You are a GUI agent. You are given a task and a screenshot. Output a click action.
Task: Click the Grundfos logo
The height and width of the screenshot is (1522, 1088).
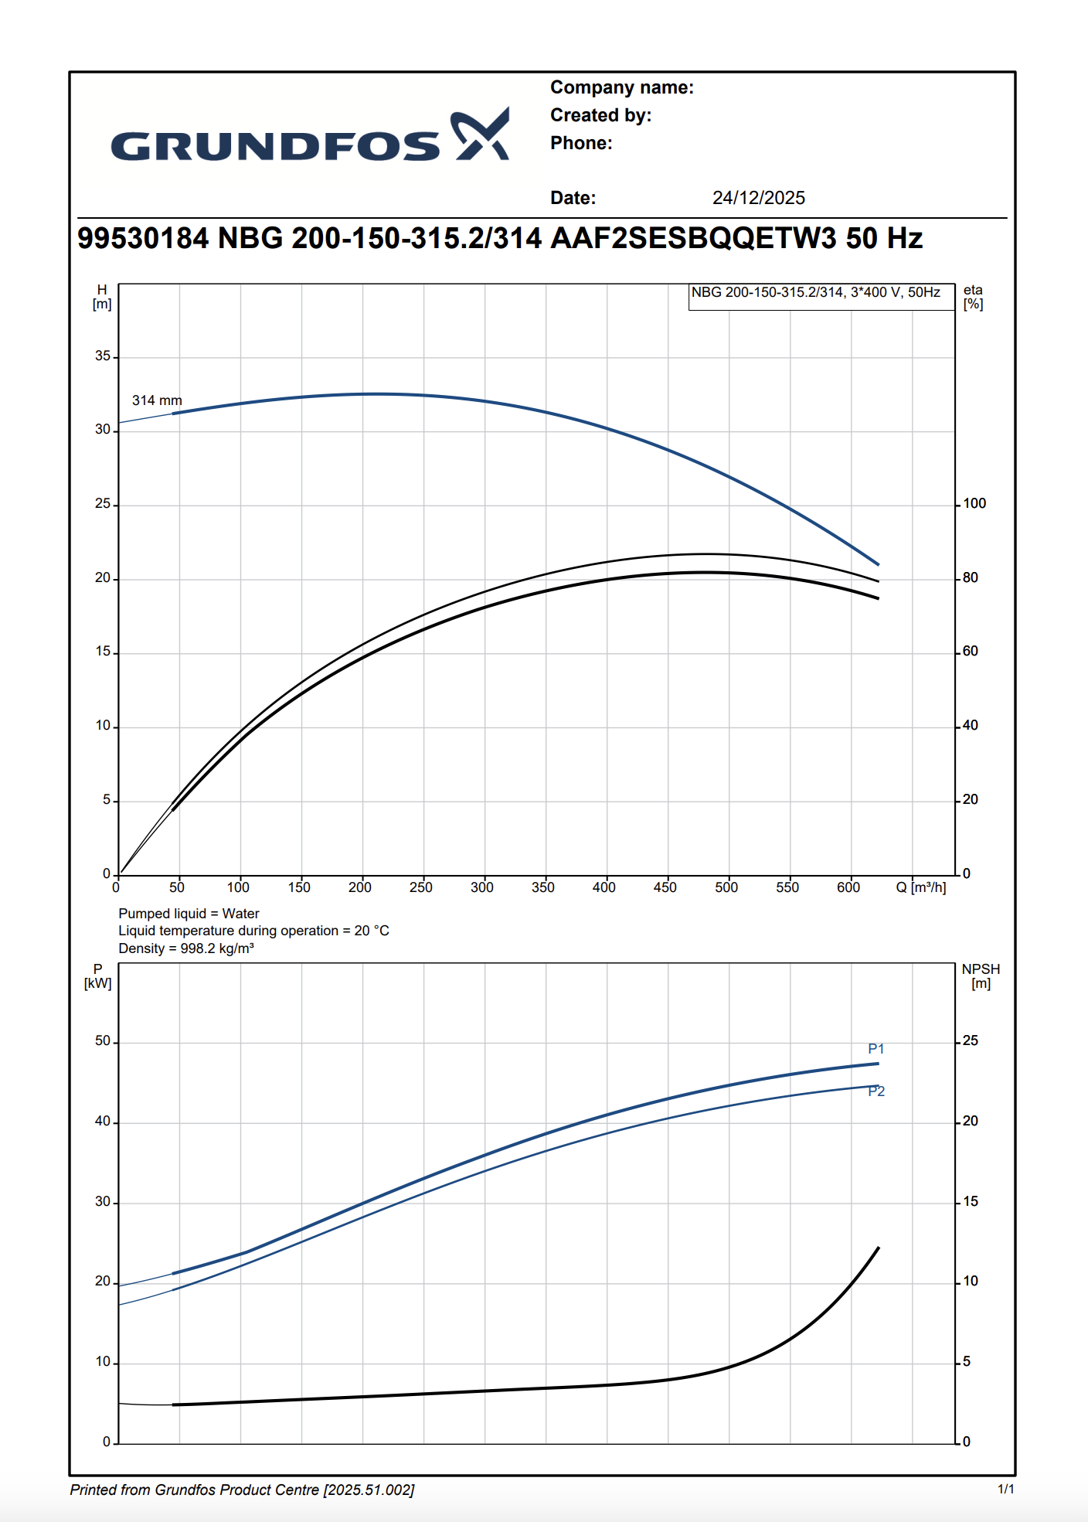[310, 138]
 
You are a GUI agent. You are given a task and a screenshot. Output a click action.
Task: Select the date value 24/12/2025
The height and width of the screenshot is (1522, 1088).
[758, 198]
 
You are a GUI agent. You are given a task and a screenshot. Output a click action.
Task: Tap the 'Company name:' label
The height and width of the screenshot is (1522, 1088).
[621, 88]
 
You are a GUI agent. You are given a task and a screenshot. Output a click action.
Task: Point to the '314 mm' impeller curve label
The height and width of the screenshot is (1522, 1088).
[157, 400]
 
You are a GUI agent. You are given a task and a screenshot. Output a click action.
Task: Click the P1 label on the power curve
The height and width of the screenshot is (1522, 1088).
[875, 1049]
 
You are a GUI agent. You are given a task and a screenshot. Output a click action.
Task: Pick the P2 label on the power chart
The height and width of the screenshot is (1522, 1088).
[876, 1091]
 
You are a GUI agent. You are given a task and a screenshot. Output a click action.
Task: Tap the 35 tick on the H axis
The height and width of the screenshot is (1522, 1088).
[103, 356]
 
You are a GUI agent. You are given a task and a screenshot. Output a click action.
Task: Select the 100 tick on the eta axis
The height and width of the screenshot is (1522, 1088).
[974, 504]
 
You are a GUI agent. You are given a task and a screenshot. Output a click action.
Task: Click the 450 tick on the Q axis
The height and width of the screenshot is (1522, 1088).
[665, 887]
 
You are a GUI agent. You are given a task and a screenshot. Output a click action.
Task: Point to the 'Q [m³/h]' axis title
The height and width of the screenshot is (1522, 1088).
[920, 887]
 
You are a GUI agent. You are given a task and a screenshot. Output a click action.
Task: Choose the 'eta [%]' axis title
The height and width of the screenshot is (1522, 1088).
[973, 297]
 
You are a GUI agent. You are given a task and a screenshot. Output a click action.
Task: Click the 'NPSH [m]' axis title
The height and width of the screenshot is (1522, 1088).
[981, 976]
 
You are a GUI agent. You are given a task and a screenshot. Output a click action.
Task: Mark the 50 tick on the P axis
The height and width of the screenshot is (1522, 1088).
[103, 1041]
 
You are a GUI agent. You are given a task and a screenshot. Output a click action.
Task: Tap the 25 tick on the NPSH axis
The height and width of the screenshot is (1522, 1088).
[971, 1041]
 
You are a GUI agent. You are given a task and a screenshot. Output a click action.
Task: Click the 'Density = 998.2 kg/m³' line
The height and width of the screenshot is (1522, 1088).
[186, 948]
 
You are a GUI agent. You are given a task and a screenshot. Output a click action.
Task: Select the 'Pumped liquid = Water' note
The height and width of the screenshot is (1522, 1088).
[189, 914]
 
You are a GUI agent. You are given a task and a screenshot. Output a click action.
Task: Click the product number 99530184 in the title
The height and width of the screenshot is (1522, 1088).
[143, 238]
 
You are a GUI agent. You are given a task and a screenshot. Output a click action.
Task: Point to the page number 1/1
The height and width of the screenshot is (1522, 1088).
[1005, 1489]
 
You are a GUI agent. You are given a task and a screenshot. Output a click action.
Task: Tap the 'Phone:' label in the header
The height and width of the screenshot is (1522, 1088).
[581, 144]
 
